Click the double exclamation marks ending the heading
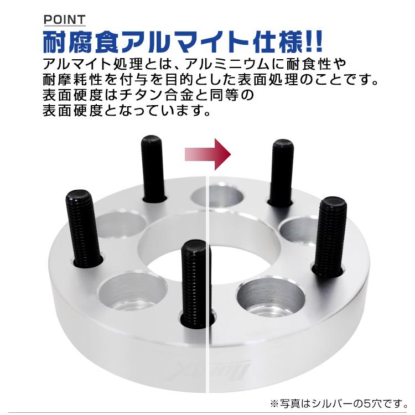pos(313,42)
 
